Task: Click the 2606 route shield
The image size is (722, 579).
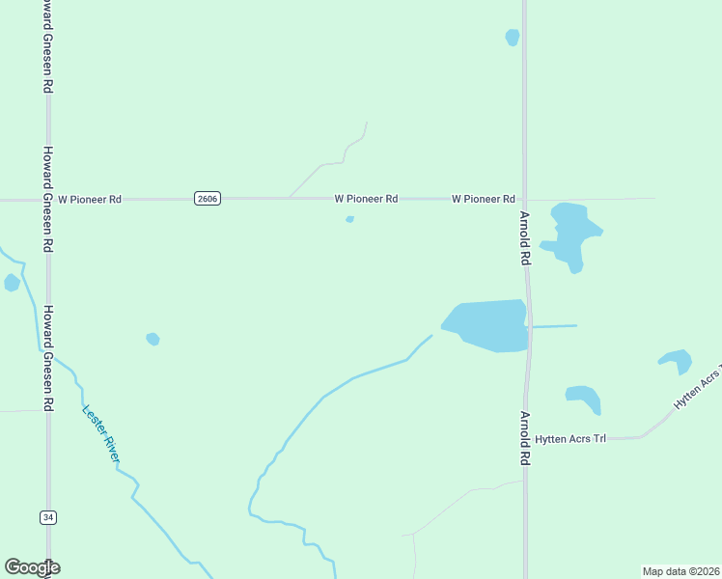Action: [207, 199]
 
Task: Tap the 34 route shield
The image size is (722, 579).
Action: [48, 517]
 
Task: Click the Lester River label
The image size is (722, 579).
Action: [99, 432]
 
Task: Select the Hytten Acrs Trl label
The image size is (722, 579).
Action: [570, 439]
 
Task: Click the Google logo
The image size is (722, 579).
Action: [32, 567]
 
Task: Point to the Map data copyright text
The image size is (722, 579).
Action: [680, 571]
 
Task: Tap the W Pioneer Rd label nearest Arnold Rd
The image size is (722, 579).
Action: [483, 199]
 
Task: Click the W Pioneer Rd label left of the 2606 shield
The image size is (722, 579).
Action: [90, 200]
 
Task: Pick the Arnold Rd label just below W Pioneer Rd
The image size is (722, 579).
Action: [526, 238]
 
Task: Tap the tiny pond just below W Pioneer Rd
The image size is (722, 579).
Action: [349, 219]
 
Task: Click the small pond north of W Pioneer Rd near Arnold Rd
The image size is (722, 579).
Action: [513, 37]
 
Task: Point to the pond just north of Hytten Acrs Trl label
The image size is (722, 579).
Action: [584, 397]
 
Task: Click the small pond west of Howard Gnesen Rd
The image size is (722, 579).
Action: [12, 283]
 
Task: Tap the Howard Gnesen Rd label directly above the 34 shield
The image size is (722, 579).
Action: [47, 357]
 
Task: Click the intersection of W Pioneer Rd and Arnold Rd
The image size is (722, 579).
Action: [525, 199]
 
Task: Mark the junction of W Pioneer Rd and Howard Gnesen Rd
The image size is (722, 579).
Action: [47, 200]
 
